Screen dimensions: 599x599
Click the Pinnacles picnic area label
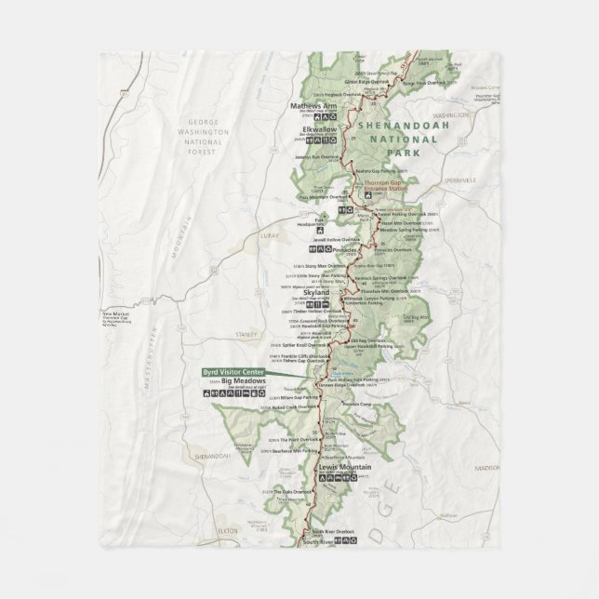pos(344,250)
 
